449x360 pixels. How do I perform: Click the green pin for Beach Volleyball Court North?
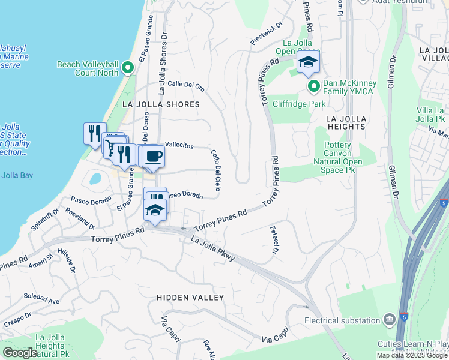tap(127, 68)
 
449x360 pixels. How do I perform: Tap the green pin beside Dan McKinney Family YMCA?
tap(313, 87)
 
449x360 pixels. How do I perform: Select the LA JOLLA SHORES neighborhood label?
tap(160, 104)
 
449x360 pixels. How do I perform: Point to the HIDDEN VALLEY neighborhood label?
tap(190, 298)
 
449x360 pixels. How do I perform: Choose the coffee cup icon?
tap(154, 156)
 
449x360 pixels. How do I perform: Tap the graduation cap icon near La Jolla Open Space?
tap(308, 62)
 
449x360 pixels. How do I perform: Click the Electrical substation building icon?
tap(390, 318)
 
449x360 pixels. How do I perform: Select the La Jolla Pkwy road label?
tap(212, 249)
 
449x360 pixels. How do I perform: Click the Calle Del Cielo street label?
tap(216, 168)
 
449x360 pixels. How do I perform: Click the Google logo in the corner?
tap(20, 353)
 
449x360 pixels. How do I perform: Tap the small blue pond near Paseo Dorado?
tap(95, 179)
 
